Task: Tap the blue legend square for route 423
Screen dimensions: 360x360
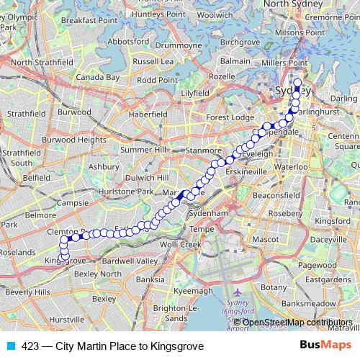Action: pos(9,346)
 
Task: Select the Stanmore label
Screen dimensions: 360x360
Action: pos(204,150)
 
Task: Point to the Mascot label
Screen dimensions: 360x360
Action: pos(270,237)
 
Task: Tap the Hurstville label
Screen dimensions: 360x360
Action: pos(67,318)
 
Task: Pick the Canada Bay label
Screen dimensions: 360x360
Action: pos(98,77)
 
